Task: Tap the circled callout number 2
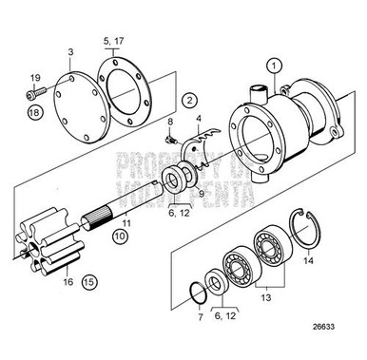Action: click(x=189, y=100)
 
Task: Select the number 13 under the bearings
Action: click(x=264, y=296)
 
